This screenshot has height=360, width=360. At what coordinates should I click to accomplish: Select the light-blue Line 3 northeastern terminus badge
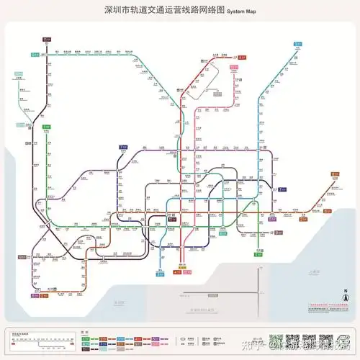pos(297,44)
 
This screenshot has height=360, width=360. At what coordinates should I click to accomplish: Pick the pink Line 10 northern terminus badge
pos(233,67)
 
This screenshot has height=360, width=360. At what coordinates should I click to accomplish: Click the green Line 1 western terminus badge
pos(22,256)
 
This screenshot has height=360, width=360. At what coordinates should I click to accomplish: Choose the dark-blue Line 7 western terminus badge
pos(123,147)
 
